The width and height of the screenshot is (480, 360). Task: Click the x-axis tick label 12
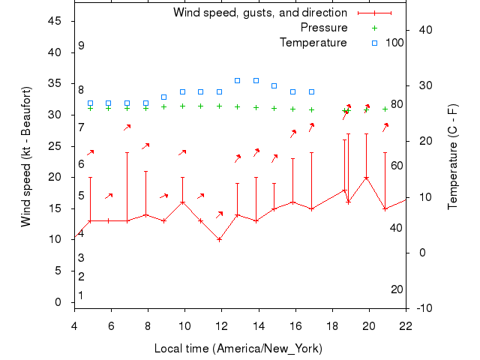221,325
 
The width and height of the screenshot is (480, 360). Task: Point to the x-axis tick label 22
406,325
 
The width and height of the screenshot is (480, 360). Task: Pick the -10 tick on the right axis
424,308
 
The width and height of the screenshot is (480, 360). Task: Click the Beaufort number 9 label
81,46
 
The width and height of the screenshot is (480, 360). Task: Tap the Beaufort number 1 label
81,295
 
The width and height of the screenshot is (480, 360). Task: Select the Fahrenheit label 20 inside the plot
397,289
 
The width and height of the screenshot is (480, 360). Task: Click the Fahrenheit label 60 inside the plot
397,166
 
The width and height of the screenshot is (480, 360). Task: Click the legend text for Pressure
324,28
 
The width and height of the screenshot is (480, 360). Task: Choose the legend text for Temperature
313,43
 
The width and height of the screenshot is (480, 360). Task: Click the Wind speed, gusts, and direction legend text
259,13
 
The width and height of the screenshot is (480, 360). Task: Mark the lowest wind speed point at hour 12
219,240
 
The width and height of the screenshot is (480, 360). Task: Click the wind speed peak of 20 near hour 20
366,178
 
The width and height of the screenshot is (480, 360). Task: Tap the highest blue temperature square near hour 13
237,80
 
